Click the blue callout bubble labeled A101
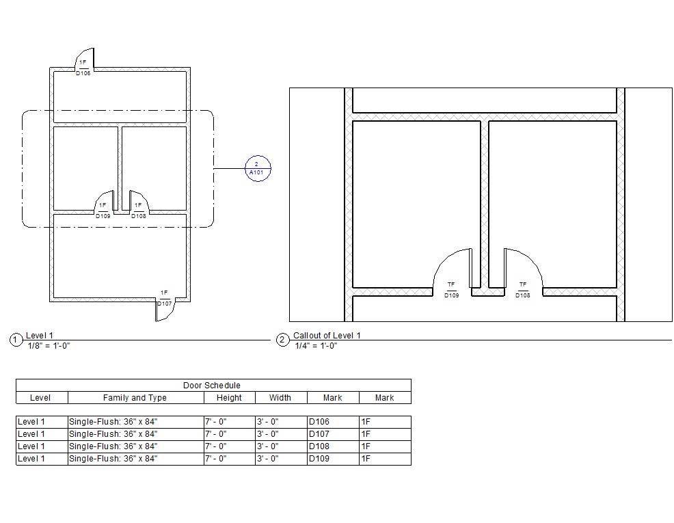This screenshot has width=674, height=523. coord(258,168)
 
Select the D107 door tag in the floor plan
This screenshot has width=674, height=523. coord(164,298)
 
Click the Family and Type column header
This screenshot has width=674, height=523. coord(135,398)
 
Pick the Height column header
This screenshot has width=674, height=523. coord(229,398)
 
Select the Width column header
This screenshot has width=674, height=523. coord(280,398)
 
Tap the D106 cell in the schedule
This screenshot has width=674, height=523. coord(319,422)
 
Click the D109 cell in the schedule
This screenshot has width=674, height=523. coord(319,459)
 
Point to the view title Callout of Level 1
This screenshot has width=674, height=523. coord(327,336)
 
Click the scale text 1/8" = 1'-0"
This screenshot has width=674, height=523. coord(48,345)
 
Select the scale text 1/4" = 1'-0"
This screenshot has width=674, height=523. coord(316,345)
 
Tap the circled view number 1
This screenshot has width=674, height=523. coord(16,340)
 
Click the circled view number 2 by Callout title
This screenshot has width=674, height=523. coord(282,340)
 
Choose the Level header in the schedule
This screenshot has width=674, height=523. coord(40,398)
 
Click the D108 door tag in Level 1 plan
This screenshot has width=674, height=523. coord(138,211)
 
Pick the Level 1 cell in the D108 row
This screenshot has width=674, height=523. coord(31,446)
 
